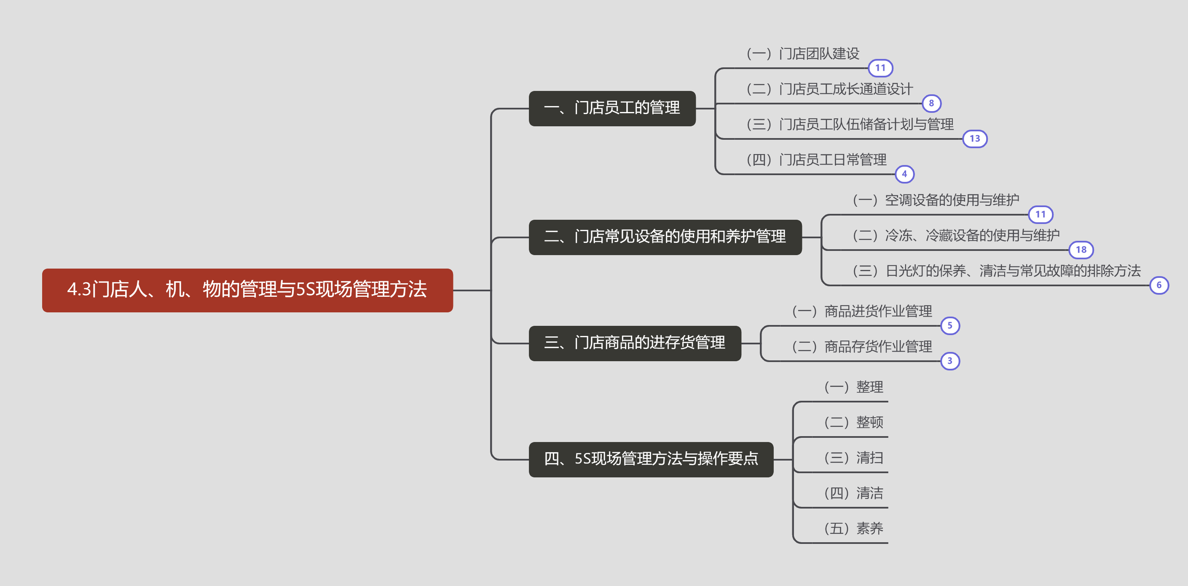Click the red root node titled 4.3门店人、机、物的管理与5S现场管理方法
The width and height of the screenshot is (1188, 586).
pyautogui.click(x=247, y=290)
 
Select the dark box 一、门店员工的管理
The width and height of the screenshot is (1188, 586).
pyautogui.click(x=612, y=108)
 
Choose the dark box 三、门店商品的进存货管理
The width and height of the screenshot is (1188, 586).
pyautogui.click(x=635, y=343)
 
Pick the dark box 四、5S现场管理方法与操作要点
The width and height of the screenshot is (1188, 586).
pyautogui.click(x=651, y=459)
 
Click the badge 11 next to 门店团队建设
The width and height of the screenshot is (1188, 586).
pyautogui.click(x=880, y=68)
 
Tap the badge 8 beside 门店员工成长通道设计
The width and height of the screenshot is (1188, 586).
pyautogui.click(x=931, y=104)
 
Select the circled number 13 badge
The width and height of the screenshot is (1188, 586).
pyautogui.click(x=974, y=139)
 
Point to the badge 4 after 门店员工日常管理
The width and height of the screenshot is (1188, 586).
pyautogui.click(x=904, y=174)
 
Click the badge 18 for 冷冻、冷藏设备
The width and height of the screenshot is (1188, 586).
pyautogui.click(x=1081, y=250)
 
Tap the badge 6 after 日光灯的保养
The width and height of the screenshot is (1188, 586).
pyautogui.click(x=1159, y=285)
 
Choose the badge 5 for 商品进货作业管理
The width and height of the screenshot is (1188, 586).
pyautogui.click(x=949, y=326)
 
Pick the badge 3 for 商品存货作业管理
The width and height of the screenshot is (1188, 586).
pyautogui.click(x=949, y=361)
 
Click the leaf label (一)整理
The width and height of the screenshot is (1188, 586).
pyautogui.click(x=854, y=387)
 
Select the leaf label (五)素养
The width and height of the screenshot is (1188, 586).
pyautogui.click(x=854, y=528)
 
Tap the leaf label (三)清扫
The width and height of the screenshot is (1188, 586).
pyautogui.click(x=854, y=458)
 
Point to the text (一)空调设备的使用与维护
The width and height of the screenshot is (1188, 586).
pyautogui.click(x=936, y=200)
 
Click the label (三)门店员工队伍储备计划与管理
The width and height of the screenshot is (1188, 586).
pyautogui.click(x=850, y=124)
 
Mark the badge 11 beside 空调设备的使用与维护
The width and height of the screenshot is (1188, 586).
pyautogui.click(x=1041, y=215)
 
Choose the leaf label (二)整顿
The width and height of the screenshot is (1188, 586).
pyautogui.click(x=854, y=422)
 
